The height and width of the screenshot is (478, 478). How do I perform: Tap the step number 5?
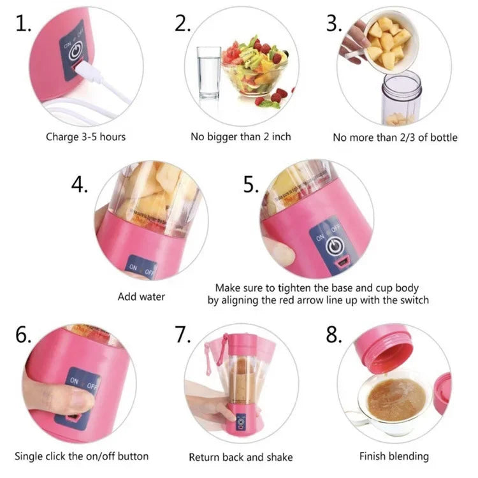(251, 184)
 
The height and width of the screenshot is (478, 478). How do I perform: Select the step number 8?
(334, 334)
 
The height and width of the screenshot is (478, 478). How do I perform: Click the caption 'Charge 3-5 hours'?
(85, 136)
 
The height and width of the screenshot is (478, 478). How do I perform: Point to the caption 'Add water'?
(141, 296)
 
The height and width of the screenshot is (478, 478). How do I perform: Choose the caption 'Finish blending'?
(394, 456)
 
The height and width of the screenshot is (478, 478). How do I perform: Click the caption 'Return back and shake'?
(241, 457)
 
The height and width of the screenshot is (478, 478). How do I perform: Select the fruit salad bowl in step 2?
(255, 67)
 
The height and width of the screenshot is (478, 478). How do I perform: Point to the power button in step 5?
(333, 246)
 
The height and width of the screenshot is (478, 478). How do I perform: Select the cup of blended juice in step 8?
(395, 398)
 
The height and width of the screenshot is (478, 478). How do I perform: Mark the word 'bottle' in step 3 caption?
(442, 137)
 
